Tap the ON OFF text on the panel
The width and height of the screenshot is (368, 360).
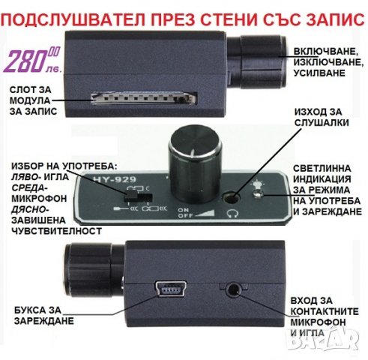pyautogui.click(x=183, y=212)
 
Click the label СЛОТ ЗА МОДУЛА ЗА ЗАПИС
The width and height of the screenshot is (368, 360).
pyautogui.click(x=34, y=99)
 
